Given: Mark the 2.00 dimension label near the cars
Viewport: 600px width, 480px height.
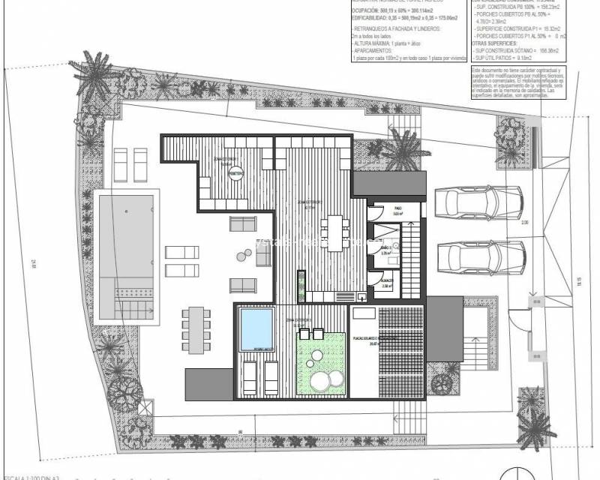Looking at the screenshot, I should pyautogui.click(x=524, y=221).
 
